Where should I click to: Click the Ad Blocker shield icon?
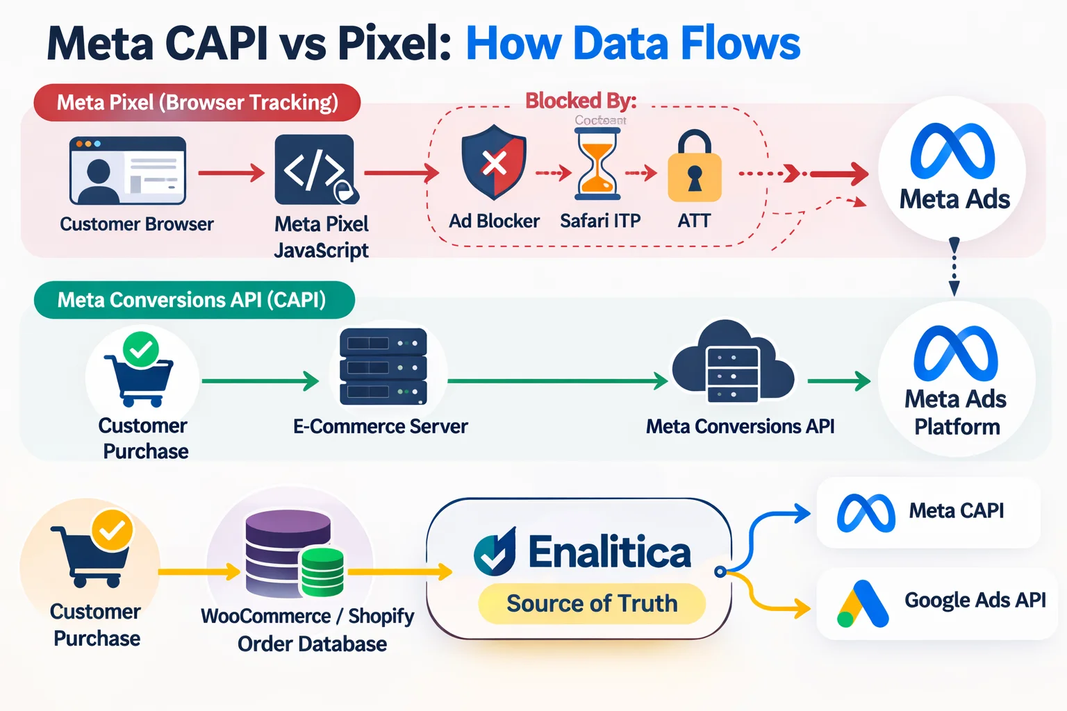pyautogui.click(x=494, y=163)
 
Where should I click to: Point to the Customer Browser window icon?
pyautogui.click(x=128, y=170)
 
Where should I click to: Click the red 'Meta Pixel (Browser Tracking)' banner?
pyautogui.click(x=197, y=103)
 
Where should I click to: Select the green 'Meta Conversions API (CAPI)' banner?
pyautogui.click(x=194, y=300)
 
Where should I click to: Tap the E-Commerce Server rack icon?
pyautogui.click(x=383, y=367)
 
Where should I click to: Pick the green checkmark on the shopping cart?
pyautogui.click(x=141, y=349)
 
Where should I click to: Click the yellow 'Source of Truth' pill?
pyautogui.click(x=592, y=603)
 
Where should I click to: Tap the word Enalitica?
pyautogui.click(x=609, y=553)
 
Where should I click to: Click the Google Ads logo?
pyautogui.click(x=862, y=603)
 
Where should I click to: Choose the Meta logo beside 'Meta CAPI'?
pyautogui.click(x=866, y=513)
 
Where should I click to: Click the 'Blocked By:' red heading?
pyautogui.click(x=581, y=101)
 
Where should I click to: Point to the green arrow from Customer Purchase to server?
pyautogui.click(x=260, y=380)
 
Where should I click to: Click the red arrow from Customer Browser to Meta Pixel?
pyautogui.click(x=231, y=172)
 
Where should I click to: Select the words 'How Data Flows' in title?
pyautogui.click(x=633, y=43)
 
